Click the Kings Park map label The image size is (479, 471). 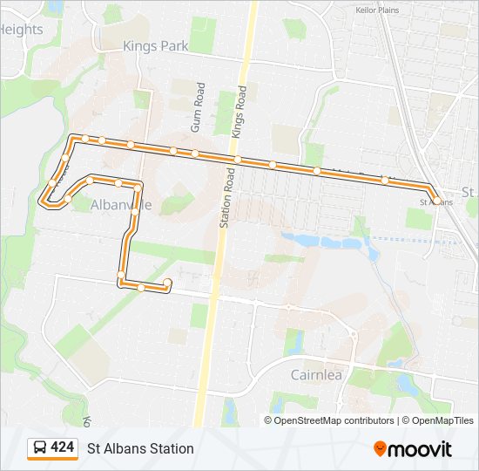point(156,46)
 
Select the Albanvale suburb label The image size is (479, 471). point(121,205)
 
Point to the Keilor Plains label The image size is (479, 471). point(377,10)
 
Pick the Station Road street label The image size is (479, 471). point(226,197)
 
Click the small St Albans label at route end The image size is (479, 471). point(436,201)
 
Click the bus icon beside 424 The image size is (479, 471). point(40,448)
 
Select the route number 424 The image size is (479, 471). point(63,447)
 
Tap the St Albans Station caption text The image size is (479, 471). point(140,448)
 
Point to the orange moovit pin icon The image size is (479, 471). point(380,448)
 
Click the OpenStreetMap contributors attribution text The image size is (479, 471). point(334,420)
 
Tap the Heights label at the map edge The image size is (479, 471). point(21,30)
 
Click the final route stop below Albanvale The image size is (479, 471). point(167,283)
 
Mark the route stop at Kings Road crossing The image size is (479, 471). point(237,159)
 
